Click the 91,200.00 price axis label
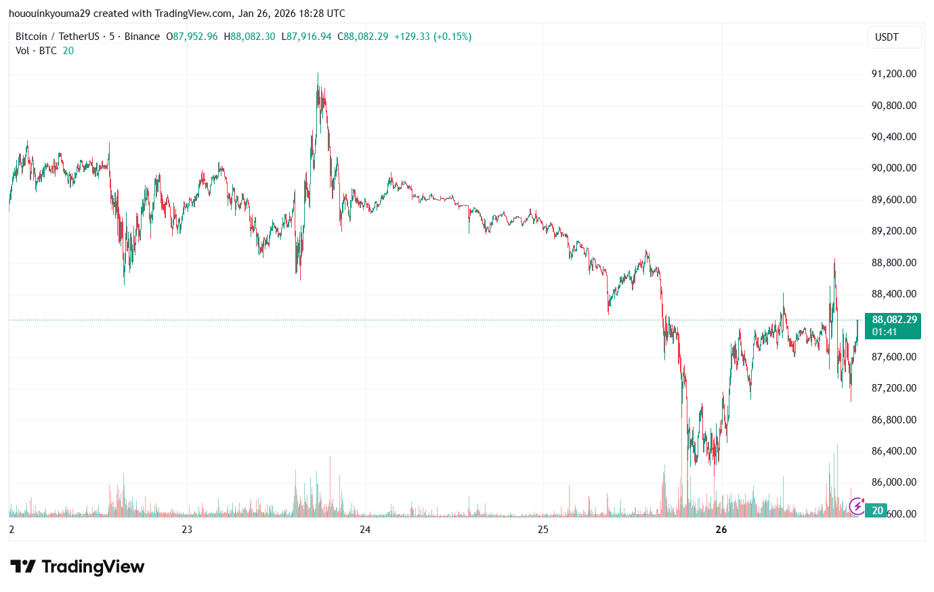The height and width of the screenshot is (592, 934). [893, 74]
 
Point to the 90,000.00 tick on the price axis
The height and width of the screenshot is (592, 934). [893, 168]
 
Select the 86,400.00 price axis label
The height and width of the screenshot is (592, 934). [893, 451]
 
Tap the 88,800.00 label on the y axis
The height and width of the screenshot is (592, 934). [893, 263]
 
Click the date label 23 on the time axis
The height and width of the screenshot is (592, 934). [187, 530]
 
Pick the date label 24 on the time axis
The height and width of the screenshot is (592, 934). [365, 530]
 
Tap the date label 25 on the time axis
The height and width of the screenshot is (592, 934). [543, 530]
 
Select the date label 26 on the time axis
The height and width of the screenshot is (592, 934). [721, 530]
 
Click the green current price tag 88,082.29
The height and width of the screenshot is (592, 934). [894, 320]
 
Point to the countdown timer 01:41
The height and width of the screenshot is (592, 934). [885, 332]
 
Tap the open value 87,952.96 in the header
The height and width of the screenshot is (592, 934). [195, 37]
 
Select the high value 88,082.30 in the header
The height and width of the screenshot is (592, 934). [253, 37]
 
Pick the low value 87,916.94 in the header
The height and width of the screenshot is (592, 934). [309, 37]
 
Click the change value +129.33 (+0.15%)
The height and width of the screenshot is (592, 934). [433, 37]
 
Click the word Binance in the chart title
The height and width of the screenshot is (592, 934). [142, 37]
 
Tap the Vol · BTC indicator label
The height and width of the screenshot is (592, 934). [36, 51]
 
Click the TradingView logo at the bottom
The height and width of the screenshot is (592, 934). [77, 566]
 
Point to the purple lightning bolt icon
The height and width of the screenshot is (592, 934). [857, 505]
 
